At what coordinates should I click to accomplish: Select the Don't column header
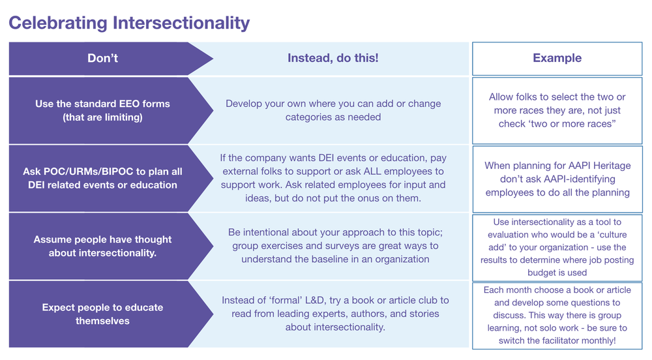pyautogui.click(x=102, y=58)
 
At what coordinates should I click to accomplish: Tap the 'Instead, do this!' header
pyautogui.click(x=333, y=58)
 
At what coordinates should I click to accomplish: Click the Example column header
pyautogui.click(x=556, y=58)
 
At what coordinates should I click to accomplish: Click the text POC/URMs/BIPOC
pyautogui.click(x=80, y=172)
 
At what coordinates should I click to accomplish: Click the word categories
pyautogui.click(x=308, y=117)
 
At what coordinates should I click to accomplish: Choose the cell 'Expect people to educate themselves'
pyautogui.click(x=102, y=314)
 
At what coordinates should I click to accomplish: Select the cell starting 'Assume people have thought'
pyautogui.click(x=102, y=246)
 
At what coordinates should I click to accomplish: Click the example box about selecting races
pyautogui.click(x=556, y=110)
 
